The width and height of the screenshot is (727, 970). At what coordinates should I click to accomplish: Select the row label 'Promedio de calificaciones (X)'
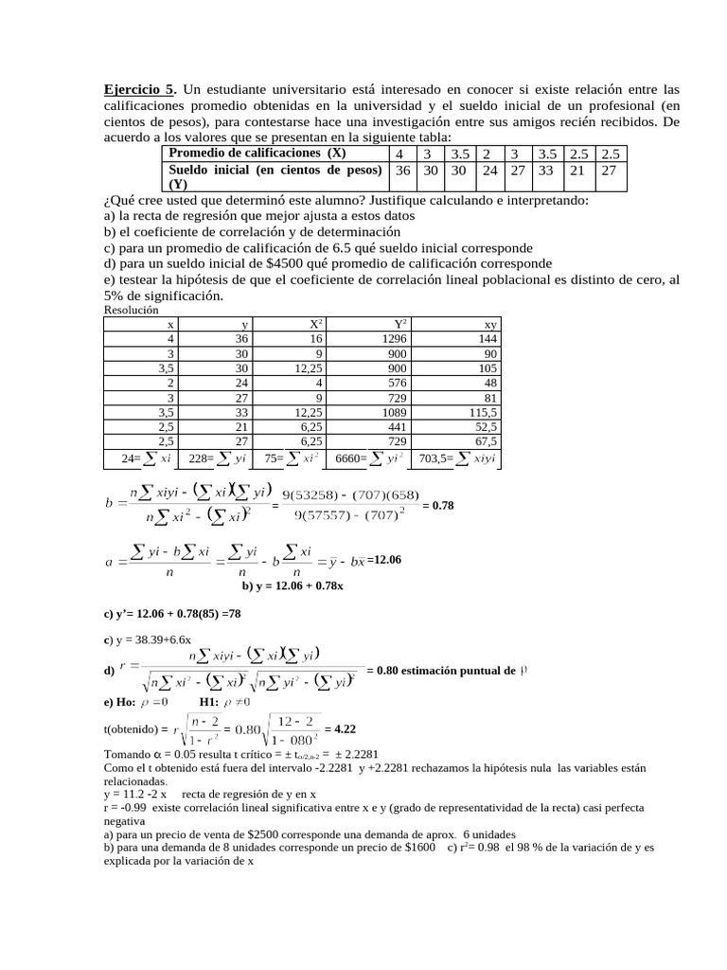click(x=257, y=153)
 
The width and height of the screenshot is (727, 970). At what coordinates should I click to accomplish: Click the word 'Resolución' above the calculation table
click(x=131, y=310)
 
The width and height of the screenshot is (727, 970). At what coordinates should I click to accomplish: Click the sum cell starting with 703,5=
click(x=458, y=458)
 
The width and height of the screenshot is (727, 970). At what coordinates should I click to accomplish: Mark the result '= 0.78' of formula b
click(x=438, y=506)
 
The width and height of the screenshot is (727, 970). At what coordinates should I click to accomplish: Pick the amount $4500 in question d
click(x=272, y=263)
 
